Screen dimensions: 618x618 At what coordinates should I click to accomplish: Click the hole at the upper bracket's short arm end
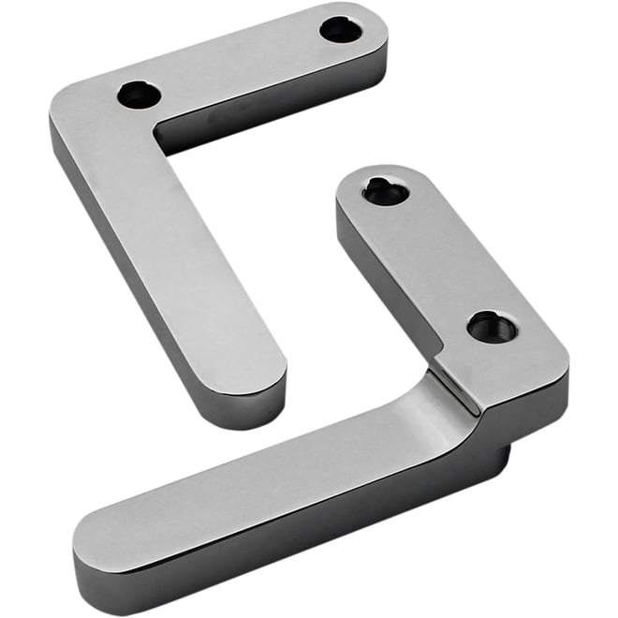coord(341,30)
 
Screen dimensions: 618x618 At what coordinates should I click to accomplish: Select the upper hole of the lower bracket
coord(386,191)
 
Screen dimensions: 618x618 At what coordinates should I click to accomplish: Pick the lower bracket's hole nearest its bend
coord(491,327)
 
